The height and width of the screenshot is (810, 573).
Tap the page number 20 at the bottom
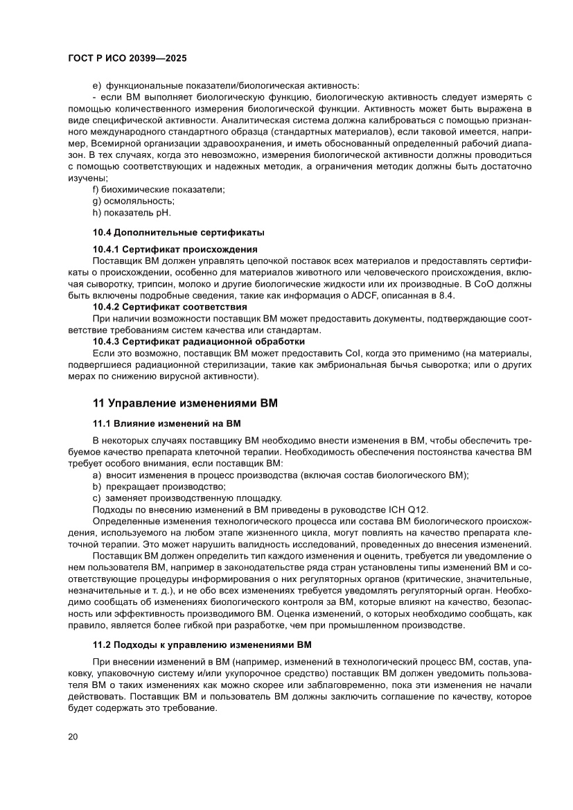click(x=73, y=736)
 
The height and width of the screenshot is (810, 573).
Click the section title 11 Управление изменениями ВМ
click(x=185, y=403)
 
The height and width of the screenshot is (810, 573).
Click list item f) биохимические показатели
click(x=159, y=189)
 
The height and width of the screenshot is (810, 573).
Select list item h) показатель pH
click(x=131, y=212)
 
